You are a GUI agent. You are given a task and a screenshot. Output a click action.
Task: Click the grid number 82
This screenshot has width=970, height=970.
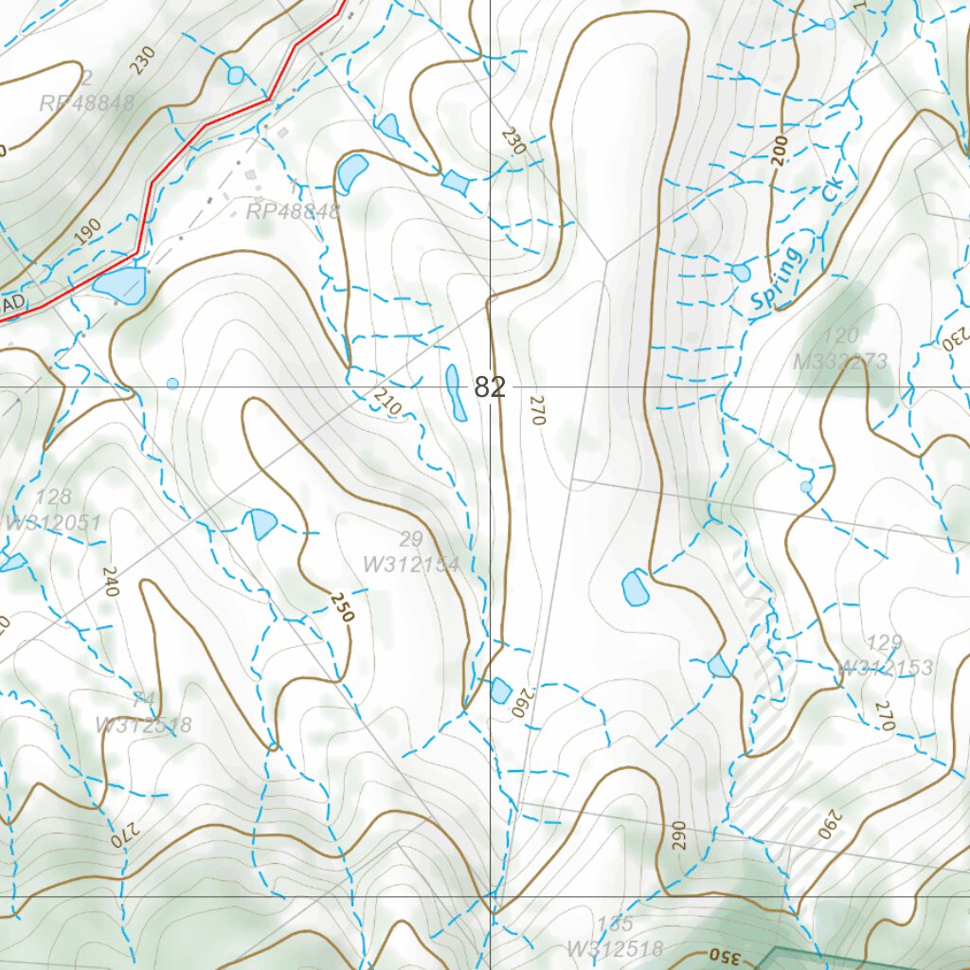(x=491, y=387)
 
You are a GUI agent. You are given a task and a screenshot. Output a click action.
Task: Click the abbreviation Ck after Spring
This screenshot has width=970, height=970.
(x=833, y=188)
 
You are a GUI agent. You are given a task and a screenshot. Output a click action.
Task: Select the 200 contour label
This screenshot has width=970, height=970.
(x=780, y=150)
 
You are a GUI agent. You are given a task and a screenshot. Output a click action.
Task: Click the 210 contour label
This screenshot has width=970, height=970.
(x=389, y=406)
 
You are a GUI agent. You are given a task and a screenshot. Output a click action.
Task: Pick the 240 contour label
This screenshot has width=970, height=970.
(x=110, y=581)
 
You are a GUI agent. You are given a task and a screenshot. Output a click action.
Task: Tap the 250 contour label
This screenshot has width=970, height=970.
(x=342, y=606)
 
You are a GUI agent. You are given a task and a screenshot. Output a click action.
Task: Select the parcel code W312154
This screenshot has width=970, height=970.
(x=411, y=566)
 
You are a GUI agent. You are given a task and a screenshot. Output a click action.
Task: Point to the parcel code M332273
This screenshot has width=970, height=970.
(x=842, y=361)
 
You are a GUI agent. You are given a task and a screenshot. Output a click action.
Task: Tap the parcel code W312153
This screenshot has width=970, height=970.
(x=886, y=668)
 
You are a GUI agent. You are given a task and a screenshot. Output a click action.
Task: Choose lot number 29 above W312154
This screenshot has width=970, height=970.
(x=411, y=540)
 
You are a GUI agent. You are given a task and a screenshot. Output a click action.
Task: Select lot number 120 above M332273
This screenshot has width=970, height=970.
(x=841, y=335)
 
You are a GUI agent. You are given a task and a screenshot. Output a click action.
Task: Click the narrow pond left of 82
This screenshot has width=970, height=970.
(x=456, y=392)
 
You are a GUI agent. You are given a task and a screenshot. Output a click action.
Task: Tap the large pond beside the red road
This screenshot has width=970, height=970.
(x=120, y=285)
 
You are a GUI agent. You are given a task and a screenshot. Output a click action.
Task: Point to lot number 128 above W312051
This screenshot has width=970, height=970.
(x=53, y=497)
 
